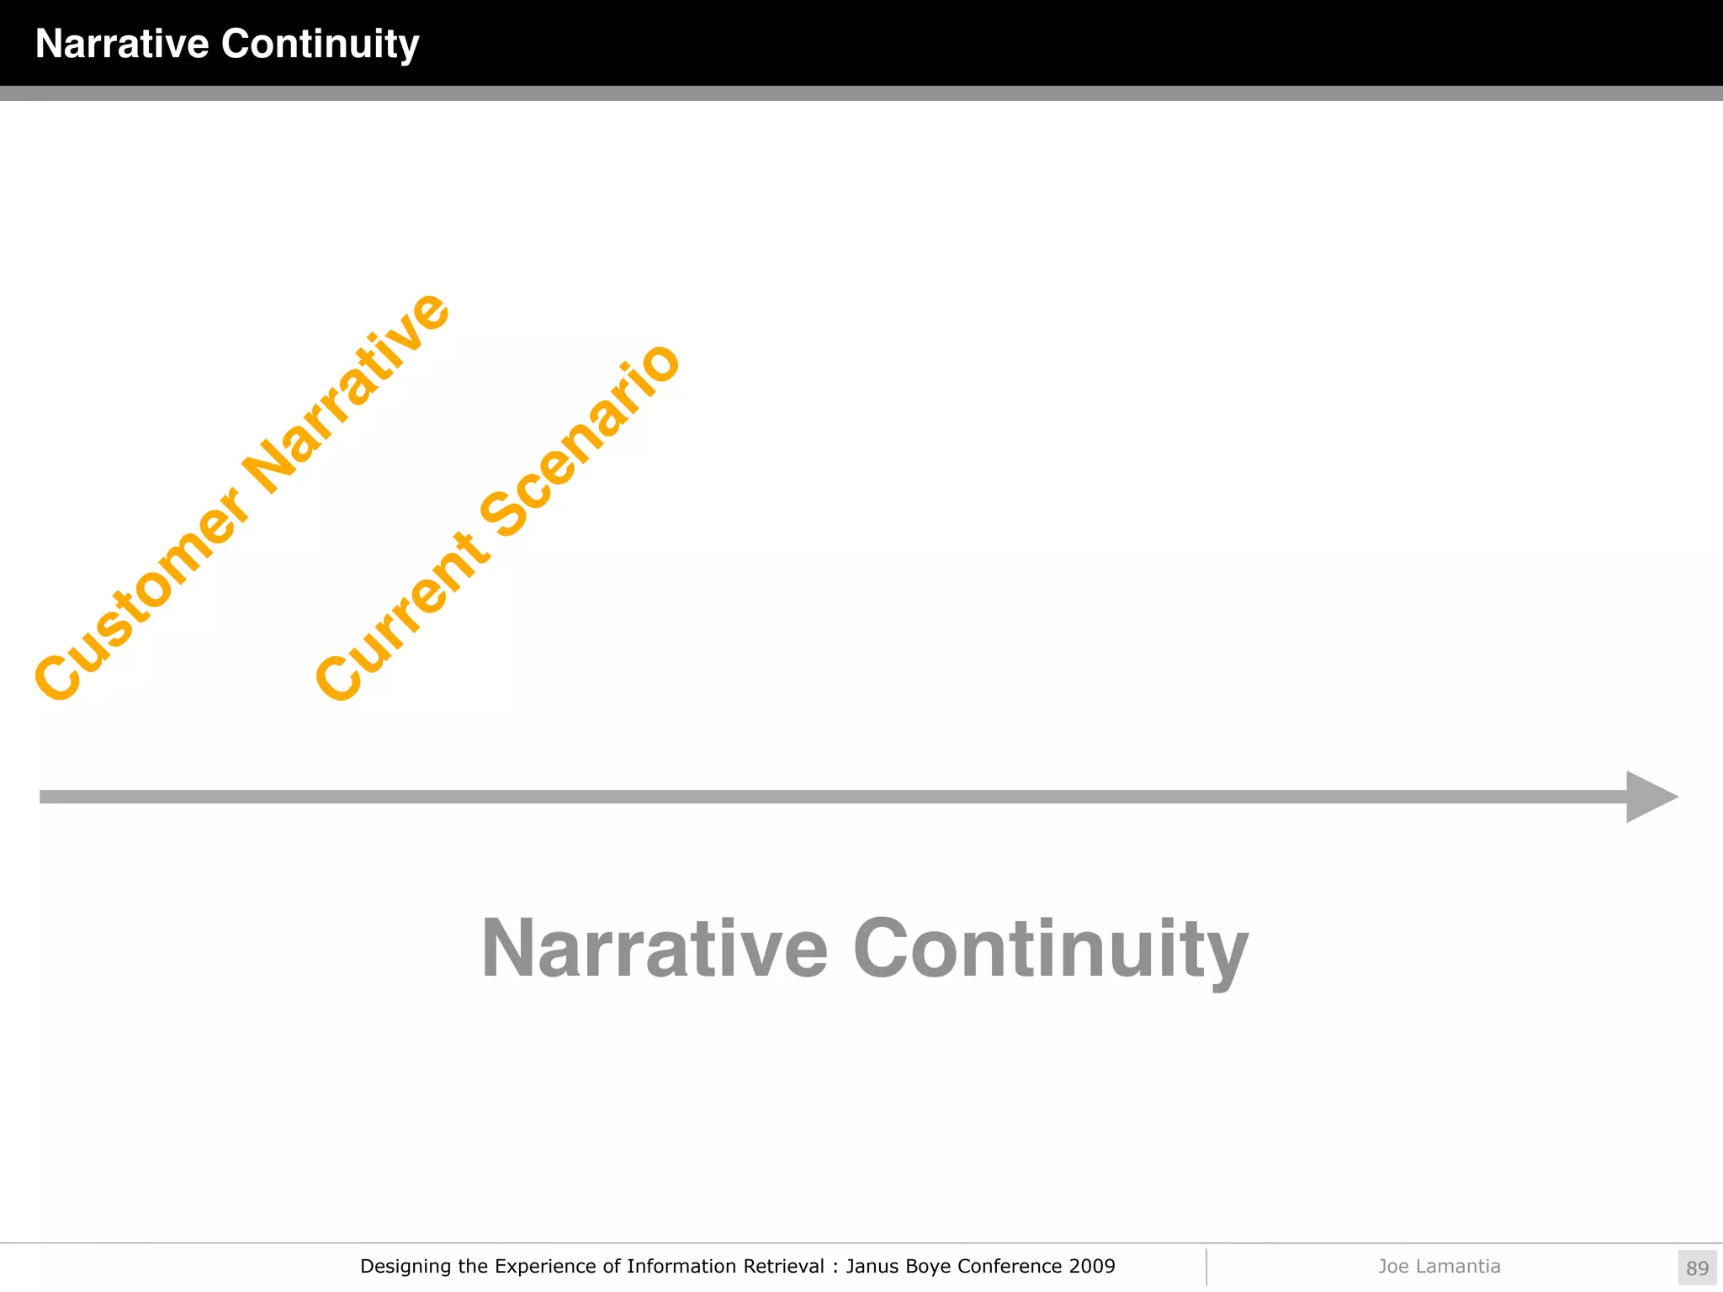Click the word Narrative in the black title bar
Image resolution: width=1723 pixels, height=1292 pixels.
click(122, 44)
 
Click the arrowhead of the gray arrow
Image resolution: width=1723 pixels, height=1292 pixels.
click(1650, 797)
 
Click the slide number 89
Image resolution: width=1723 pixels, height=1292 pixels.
click(1697, 1268)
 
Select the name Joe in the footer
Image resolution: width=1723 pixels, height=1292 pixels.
click(1393, 1266)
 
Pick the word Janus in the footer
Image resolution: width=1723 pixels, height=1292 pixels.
click(872, 1266)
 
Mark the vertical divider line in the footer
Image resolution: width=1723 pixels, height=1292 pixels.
click(1206, 1267)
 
